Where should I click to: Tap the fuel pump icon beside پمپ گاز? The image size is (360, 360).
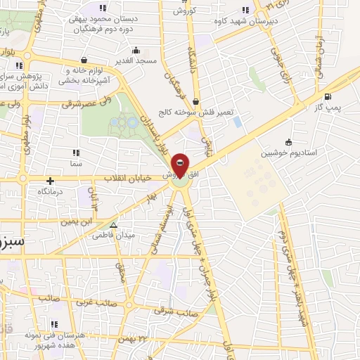click(x=328, y=98)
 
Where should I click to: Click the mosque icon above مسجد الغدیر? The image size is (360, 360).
click(x=136, y=50)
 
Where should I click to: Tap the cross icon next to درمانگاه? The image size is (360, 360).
click(x=50, y=180)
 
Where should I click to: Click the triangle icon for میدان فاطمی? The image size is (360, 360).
click(x=114, y=226)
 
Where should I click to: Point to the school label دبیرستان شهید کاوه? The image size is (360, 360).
click(x=247, y=20)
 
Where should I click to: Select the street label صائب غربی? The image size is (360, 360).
click(x=93, y=302)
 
